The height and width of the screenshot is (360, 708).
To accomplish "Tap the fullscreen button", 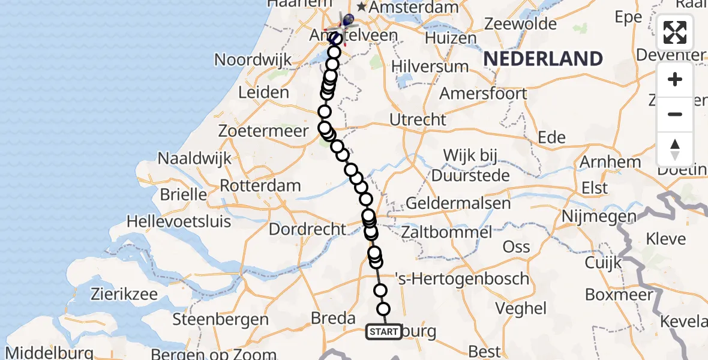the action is coord(675,32).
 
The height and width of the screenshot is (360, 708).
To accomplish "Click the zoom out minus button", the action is coord(675,114).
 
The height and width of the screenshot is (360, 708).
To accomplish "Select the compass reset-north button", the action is coord(675,149).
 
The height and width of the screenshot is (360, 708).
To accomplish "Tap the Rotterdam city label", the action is coord(260,185).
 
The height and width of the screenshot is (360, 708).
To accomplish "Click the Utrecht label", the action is coord(418,120).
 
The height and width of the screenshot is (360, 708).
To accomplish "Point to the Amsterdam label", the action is coord(408,7).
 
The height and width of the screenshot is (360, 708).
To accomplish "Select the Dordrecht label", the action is coord(307,229).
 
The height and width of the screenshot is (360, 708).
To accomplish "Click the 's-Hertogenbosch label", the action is coord(462,278).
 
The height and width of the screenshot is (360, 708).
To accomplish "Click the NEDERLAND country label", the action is coord(543,59).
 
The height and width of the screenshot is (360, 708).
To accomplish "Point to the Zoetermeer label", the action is coord(264,131).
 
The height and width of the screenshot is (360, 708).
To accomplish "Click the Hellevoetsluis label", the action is coord(179,221).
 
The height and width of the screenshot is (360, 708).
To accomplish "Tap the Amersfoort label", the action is coord(483,94).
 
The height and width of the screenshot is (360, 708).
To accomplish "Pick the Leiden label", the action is coord(263,92).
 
